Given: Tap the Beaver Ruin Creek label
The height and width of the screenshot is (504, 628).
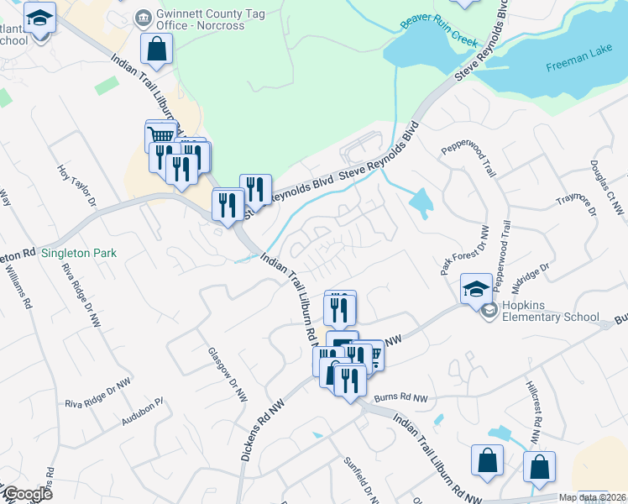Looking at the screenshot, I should point(439,32).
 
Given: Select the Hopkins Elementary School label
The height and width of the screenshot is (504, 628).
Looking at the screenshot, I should point(551,312).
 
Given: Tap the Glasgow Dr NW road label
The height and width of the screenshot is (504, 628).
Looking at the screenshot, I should point(228,374).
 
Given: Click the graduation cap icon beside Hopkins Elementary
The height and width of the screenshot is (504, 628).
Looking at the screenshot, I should point(475,289).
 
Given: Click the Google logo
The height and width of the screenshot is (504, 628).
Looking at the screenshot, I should point(27,494).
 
